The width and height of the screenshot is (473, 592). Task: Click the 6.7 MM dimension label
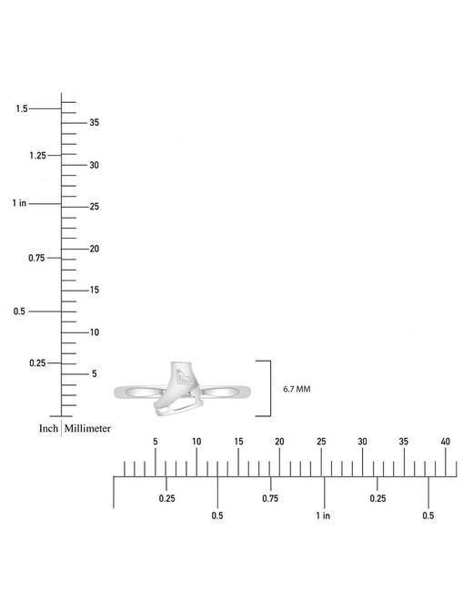297,389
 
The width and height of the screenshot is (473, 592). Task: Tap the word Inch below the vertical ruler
48,429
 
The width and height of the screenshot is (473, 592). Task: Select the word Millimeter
87,429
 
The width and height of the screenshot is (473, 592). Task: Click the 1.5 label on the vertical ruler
22,108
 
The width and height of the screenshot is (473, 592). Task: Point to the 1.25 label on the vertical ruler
37,156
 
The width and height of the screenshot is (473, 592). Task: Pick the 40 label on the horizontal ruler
446,442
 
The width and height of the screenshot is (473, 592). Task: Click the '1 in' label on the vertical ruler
19,203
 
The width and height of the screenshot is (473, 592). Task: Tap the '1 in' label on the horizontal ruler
323,515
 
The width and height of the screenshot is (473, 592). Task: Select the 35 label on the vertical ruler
95,122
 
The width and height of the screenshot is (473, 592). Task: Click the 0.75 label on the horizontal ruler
270,498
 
